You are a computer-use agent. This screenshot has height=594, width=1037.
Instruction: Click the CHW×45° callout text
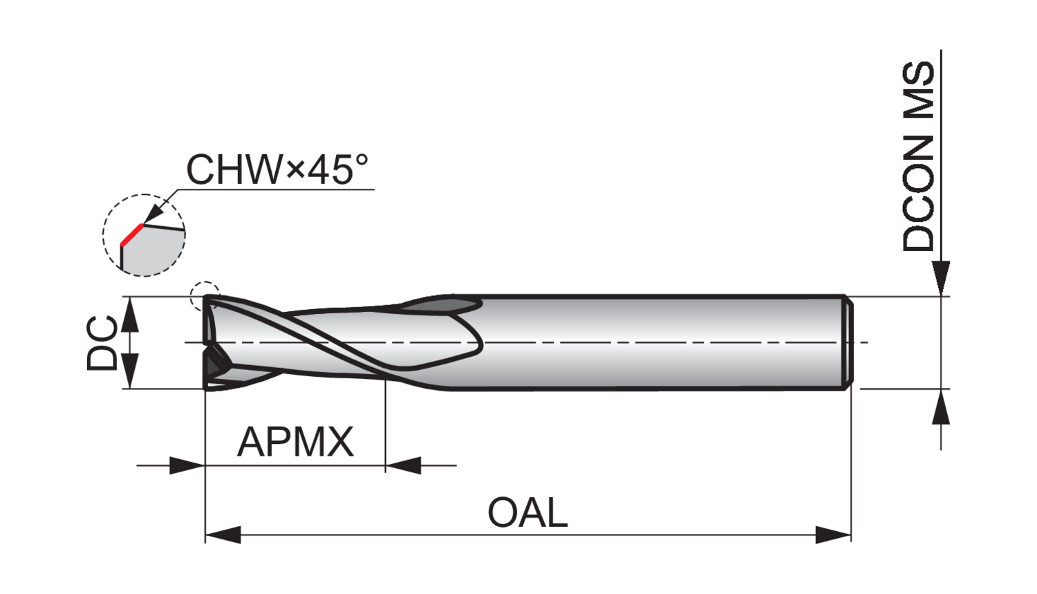[x=277, y=169]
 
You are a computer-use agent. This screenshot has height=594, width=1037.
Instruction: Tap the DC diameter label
[x=102, y=342]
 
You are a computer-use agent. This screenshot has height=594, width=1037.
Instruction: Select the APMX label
[x=295, y=442]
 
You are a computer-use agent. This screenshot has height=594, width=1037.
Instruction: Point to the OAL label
[x=527, y=512]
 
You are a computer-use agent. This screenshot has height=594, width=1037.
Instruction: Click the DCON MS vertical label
[x=919, y=156]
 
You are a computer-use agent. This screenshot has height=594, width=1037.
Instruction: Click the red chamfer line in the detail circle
[x=132, y=234]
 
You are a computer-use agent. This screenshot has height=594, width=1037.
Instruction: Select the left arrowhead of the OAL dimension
[x=223, y=535]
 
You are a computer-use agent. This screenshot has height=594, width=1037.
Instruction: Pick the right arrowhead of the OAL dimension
[x=833, y=535]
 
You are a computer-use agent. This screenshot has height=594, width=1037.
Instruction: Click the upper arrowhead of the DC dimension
[x=130, y=315]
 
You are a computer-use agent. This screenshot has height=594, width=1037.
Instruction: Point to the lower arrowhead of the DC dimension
[x=130, y=371]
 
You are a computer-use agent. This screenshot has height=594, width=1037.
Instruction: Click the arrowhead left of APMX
[x=187, y=465]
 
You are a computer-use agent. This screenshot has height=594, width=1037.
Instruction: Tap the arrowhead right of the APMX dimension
[x=403, y=465]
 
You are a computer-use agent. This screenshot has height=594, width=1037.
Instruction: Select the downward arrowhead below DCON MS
[x=941, y=279]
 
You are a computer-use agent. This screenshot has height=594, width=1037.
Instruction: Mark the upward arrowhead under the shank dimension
[x=941, y=407]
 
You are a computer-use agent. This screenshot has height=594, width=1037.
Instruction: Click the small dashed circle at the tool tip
[x=205, y=296]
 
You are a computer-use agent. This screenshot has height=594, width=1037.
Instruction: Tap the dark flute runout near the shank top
[x=440, y=306]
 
